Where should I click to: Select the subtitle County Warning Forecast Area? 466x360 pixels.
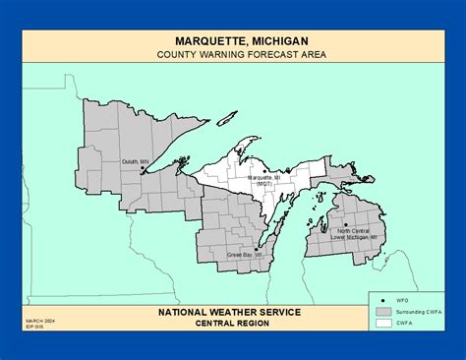(x=233, y=55)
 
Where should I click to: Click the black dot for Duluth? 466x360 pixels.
(x=144, y=169)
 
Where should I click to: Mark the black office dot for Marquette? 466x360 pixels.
(x=262, y=170)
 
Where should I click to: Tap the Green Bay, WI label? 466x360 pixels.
(x=245, y=255)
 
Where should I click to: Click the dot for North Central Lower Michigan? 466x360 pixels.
(x=346, y=225)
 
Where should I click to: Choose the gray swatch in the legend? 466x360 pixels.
(x=384, y=310)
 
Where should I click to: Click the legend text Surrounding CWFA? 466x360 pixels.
(x=419, y=310)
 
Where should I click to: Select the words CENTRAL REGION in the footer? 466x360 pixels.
(x=233, y=324)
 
